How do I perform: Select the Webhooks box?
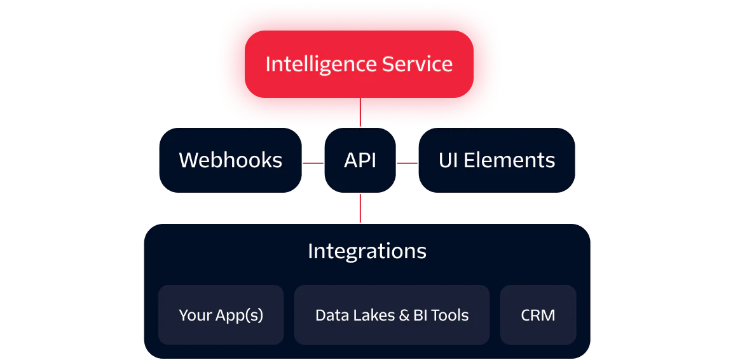point(230,160)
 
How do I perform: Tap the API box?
point(360,160)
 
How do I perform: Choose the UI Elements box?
point(497,160)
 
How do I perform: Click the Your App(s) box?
point(221,315)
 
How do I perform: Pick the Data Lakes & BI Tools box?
point(392,315)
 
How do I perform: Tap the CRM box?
point(538,315)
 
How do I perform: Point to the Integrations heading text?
point(367,251)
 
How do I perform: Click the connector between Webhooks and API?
point(313,163)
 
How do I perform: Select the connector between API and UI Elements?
point(407,163)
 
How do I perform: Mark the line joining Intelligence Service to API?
point(360,113)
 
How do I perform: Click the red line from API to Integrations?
point(360,208)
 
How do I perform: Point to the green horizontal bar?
point(547,209)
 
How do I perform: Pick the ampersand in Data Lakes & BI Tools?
point(403,315)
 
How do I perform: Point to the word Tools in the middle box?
point(449,315)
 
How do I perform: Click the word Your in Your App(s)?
point(191,315)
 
